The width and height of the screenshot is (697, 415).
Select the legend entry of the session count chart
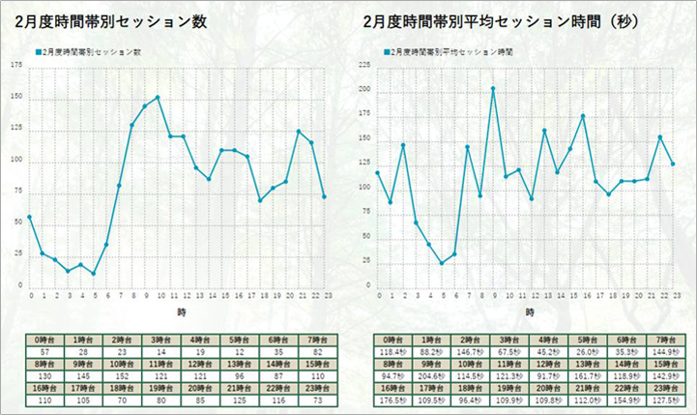click(x=92, y=52)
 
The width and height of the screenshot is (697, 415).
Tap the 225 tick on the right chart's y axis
click(x=364, y=65)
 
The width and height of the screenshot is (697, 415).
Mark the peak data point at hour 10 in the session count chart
click(x=158, y=97)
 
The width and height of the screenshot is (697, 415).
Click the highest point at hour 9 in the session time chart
click(x=492, y=88)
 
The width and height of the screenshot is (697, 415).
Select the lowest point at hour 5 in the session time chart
click(x=442, y=263)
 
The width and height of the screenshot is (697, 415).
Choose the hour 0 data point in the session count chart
click(x=29, y=217)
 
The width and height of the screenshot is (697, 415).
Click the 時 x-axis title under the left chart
click(x=181, y=313)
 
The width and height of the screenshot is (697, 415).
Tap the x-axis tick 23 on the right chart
click(x=673, y=296)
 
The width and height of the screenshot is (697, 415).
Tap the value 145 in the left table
click(x=81, y=374)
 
